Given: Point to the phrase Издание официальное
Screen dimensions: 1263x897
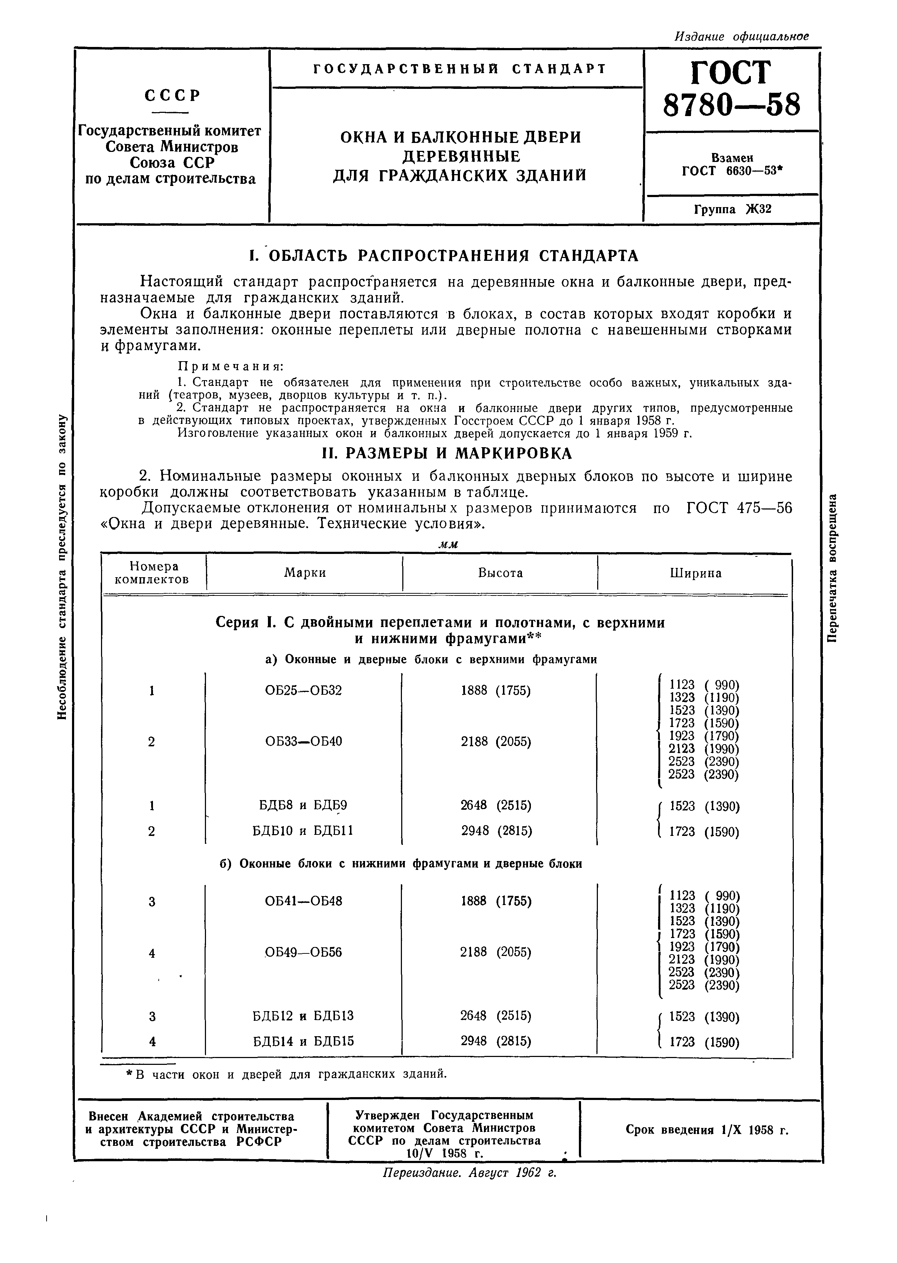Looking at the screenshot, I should [x=741, y=37].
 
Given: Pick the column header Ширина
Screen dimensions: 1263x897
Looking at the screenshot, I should [x=695, y=573].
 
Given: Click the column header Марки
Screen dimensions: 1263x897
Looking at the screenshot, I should [x=305, y=573].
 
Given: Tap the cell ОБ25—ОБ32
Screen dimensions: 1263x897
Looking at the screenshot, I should [x=304, y=690].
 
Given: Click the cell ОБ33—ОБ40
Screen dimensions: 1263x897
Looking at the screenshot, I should [x=304, y=741].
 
